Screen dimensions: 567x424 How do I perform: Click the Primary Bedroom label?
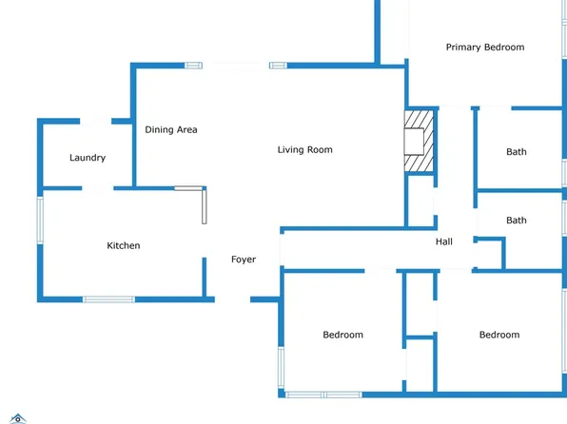pos(485,48)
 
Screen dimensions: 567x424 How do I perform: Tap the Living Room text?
pos(304,149)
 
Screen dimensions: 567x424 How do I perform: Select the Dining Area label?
pos(171,129)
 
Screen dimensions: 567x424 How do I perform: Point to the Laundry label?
pos(88,158)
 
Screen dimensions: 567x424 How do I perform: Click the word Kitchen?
pos(124,246)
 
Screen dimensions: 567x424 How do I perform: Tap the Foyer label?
pos(244,260)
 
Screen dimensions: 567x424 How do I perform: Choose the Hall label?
pos(444,241)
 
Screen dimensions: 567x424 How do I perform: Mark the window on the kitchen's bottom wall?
pos(108,299)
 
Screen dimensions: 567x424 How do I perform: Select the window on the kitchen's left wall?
pos(40,221)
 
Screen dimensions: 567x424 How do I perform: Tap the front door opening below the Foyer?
pos(232,299)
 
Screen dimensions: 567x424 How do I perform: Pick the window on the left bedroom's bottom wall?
pos(323,395)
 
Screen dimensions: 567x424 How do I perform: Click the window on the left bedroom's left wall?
pos(281,367)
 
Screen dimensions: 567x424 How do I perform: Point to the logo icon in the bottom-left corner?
pos(18,418)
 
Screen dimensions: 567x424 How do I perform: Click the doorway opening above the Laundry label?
pos(95,121)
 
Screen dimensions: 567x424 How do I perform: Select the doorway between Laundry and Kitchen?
pos(98,188)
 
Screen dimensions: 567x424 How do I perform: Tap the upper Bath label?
pos(517,152)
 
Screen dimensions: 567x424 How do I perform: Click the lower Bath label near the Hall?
pos(517,221)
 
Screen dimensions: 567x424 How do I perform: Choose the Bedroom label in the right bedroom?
pos(499,335)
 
